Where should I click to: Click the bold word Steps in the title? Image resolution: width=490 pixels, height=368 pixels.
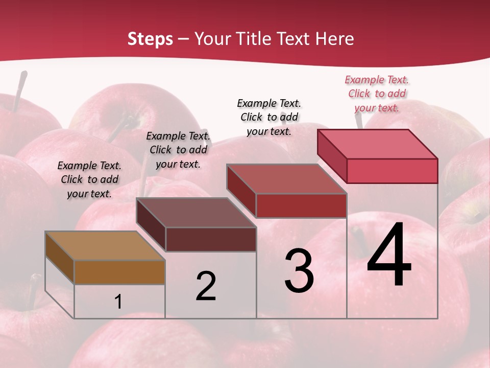click(x=150, y=39)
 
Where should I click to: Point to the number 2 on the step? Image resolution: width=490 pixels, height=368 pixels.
click(x=206, y=286)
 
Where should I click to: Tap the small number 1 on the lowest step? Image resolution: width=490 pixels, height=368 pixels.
click(x=118, y=302)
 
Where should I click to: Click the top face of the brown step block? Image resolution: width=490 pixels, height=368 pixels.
click(x=105, y=246)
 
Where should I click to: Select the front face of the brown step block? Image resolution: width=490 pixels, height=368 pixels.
click(x=119, y=272)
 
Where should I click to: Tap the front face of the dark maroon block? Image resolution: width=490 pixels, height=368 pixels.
click(x=211, y=239)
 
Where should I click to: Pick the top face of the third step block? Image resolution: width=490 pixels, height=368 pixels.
click(x=286, y=179)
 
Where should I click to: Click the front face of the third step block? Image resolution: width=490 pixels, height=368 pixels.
click(x=301, y=205)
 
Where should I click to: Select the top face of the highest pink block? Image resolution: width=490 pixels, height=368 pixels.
click(x=377, y=144)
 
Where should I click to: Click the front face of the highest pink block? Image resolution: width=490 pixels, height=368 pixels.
click(x=392, y=171)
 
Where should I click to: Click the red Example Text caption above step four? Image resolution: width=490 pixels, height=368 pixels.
click(x=377, y=94)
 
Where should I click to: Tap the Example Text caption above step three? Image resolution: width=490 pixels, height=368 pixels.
click(x=269, y=117)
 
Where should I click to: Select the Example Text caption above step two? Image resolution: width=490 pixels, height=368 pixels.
click(x=178, y=150)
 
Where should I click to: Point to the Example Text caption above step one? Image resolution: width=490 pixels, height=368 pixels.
click(x=89, y=179)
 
